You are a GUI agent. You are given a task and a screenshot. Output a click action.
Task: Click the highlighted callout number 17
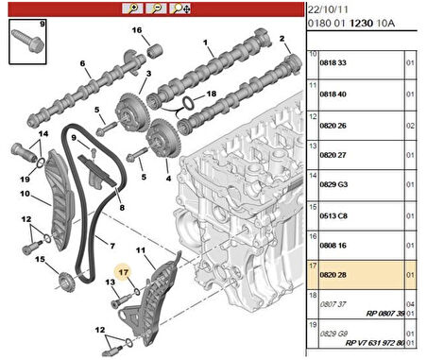click(121, 271)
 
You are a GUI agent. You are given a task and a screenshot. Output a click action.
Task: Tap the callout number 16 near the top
click(136, 31)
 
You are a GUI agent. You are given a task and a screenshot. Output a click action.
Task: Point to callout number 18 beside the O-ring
click(212, 94)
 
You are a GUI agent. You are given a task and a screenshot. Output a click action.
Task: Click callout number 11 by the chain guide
click(144, 251)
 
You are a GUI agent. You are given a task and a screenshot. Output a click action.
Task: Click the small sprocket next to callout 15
click(63, 280)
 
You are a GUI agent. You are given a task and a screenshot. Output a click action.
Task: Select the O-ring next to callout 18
click(191, 101)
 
